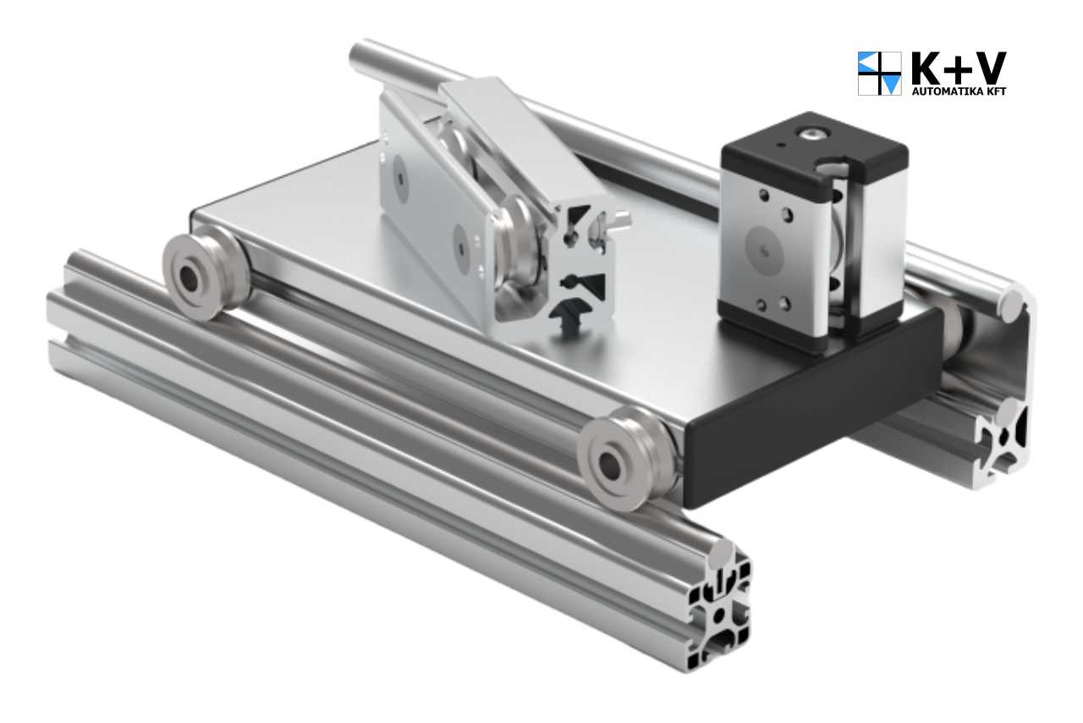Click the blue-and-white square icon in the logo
pyautogui.click(x=880, y=73)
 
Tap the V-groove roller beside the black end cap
pyautogui.click(x=627, y=458)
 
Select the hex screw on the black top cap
pyautogui.click(x=813, y=134)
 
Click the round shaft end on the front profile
pyautogui.click(x=721, y=554)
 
